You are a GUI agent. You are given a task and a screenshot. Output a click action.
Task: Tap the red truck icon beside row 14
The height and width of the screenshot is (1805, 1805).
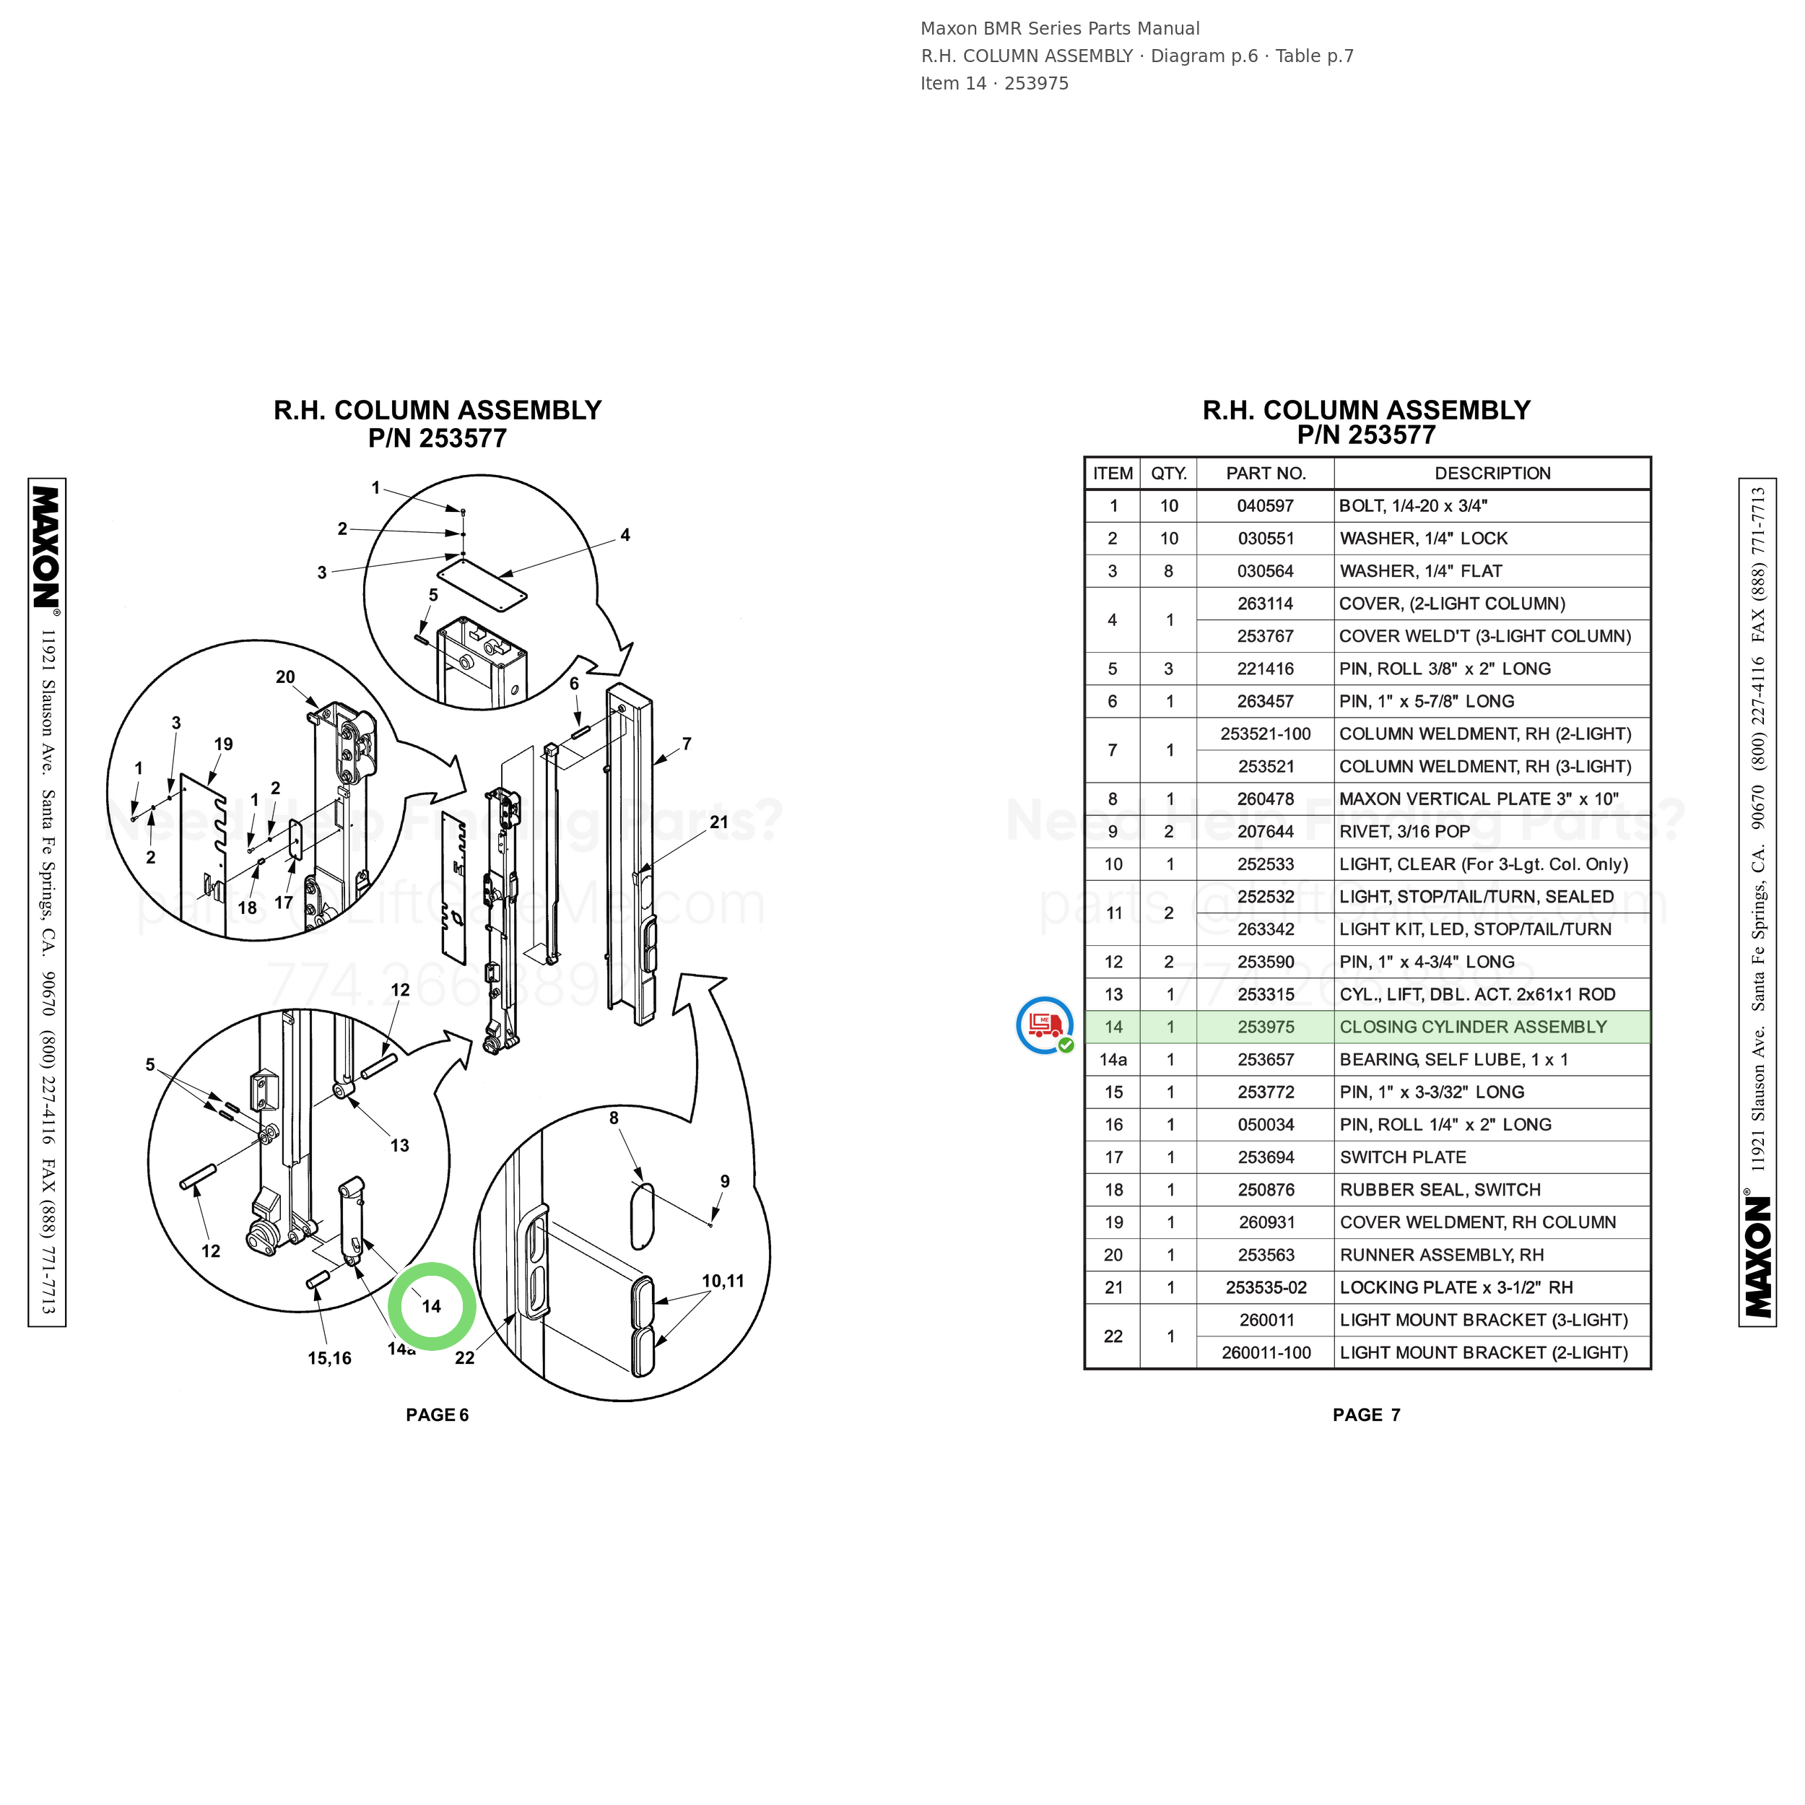[1045, 1025]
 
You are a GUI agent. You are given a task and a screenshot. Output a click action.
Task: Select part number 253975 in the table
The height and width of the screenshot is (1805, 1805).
[1265, 1027]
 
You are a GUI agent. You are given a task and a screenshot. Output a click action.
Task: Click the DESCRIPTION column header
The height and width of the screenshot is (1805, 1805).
[1492, 474]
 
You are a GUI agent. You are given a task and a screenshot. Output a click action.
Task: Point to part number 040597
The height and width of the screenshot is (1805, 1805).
[1265, 506]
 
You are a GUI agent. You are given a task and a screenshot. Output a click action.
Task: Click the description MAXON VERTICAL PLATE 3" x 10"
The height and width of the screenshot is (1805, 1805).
[1478, 799]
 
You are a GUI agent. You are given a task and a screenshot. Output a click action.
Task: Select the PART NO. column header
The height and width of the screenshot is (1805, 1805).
[1265, 474]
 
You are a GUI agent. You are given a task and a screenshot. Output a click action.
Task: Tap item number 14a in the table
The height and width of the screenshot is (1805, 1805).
[1113, 1059]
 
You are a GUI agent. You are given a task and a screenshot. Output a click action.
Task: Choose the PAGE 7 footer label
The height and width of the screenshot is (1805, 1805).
[1366, 1414]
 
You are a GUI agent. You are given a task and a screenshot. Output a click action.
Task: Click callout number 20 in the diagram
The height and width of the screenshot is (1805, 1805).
[285, 677]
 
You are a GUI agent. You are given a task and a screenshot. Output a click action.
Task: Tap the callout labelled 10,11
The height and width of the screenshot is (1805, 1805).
[723, 1281]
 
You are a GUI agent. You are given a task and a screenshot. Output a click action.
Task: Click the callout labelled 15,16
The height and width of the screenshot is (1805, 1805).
[330, 1358]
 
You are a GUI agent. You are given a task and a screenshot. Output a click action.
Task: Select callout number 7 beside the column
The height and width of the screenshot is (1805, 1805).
[687, 744]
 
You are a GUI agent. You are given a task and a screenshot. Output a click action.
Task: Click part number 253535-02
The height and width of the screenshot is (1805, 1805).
[1266, 1287]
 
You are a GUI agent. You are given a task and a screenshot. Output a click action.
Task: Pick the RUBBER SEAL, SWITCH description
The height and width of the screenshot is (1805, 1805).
[1440, 1189]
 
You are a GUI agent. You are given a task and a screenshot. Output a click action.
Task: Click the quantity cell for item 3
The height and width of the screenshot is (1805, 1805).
[1167, 571]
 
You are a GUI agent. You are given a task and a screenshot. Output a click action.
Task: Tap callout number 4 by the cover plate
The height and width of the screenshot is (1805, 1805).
[625, 535]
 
